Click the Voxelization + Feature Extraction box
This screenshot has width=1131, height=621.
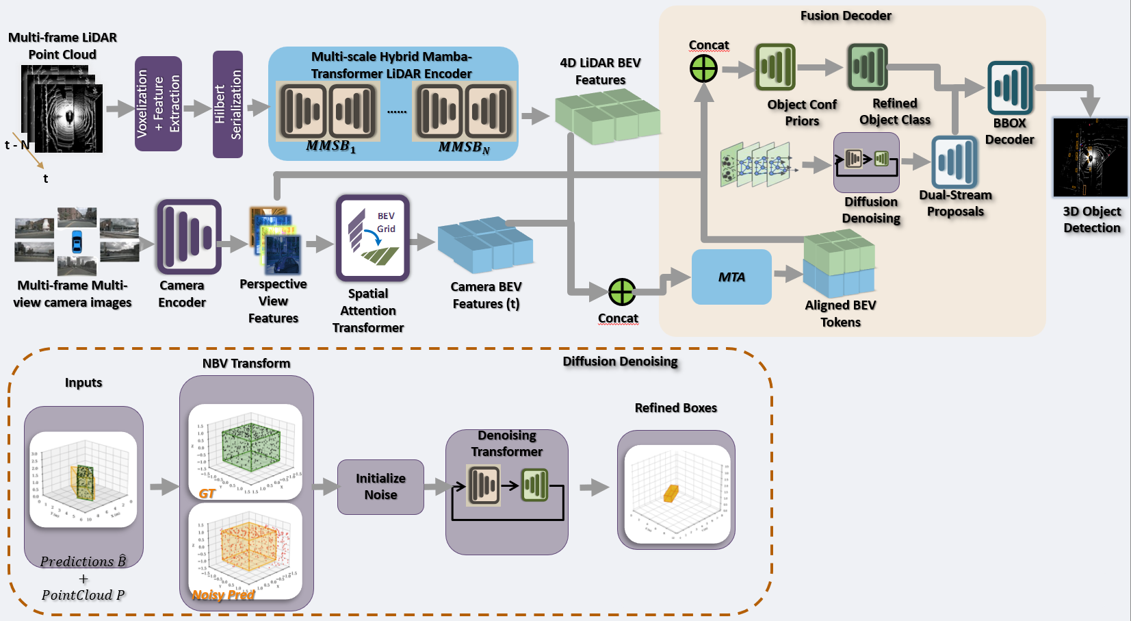(158, 103)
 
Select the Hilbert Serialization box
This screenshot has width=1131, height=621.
(228, 104)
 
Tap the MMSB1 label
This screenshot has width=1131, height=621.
(330, 147)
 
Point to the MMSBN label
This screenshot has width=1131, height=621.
(464, 147)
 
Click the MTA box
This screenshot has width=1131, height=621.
(731, 277)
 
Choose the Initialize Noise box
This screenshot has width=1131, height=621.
(380, 487)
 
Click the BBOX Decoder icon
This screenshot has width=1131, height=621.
(1010, 88)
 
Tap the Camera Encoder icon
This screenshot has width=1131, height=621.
(189, 237)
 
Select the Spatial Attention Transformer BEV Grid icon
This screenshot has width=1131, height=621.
(372, 238)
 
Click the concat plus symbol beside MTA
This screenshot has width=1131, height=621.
(621, 292)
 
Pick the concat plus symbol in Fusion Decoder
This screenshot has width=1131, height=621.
(703, 68)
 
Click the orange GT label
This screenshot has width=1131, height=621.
(207, 494)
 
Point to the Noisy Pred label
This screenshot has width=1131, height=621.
(223, 595)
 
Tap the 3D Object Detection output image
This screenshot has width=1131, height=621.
(1090, 157)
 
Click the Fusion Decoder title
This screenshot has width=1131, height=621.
(846, 16)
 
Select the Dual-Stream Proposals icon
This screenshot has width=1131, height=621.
(954, 162)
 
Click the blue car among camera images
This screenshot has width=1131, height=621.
(77, 242)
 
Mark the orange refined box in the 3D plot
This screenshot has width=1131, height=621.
(671, 493)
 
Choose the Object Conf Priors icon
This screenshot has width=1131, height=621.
(775, 67)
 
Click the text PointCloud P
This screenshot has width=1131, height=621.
(83, 595)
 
